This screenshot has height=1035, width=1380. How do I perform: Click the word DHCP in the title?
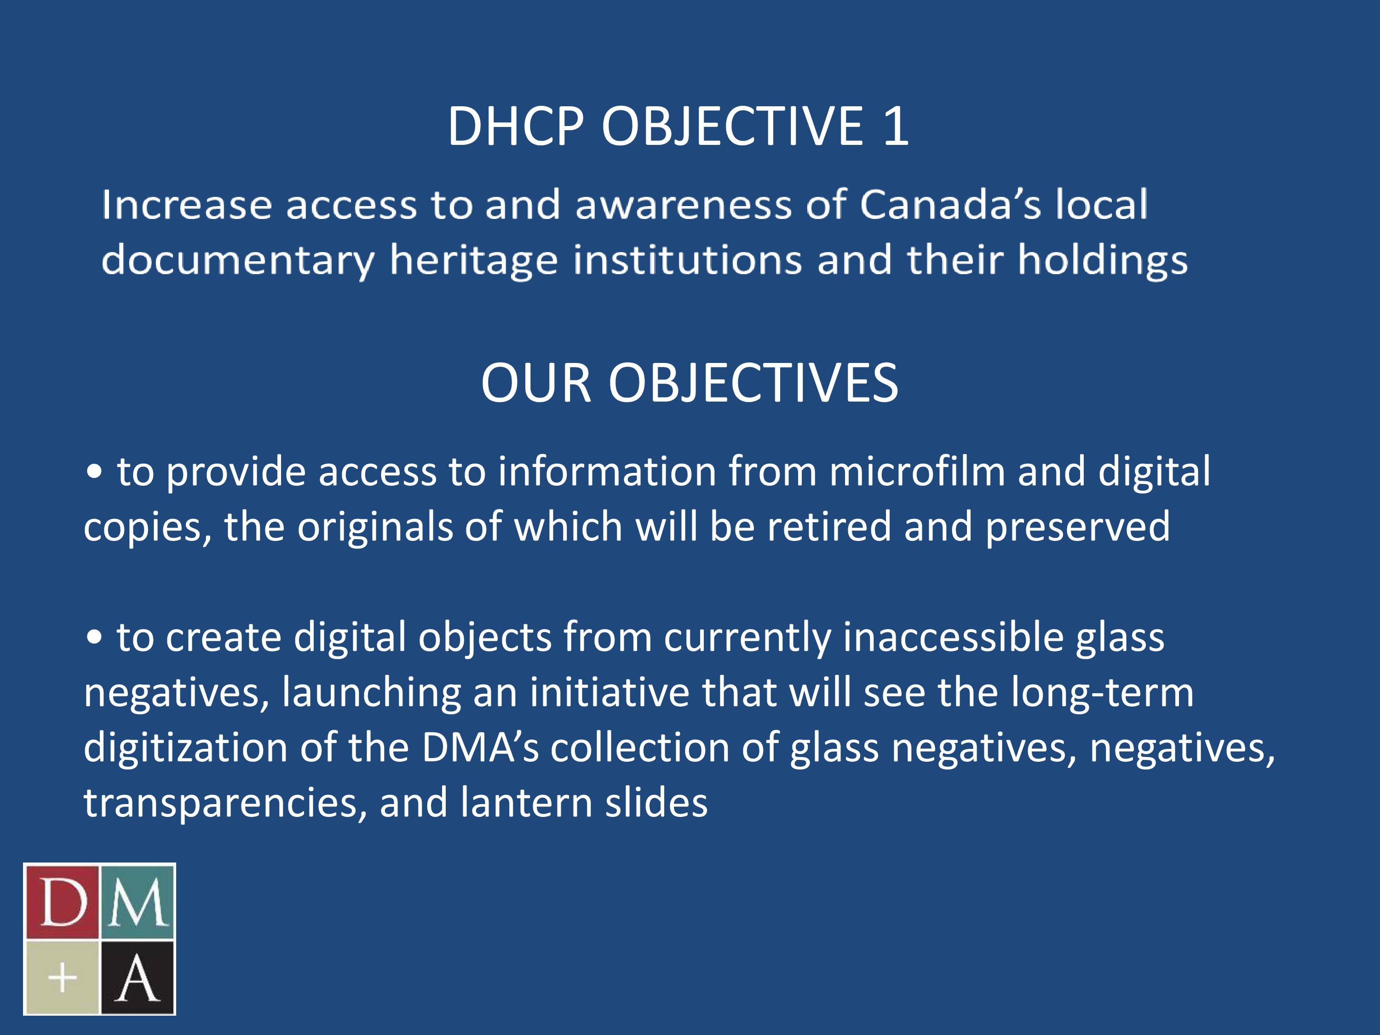pyautogui.click(x=515, y=126)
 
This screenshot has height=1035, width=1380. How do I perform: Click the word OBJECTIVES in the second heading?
pyautogui.click(x=753, y=384)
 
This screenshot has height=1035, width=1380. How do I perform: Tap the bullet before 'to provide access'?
pyautogui.click(x=94, y=473)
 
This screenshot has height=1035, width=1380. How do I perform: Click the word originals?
pyautogui.click(x=374, y=527)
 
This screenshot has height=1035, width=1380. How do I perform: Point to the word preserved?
pyautogui.click(x=1077, y=528)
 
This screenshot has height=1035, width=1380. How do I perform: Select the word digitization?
pyautogui.click(x=185, y=748)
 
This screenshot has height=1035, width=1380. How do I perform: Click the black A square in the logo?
pyautogui.click(x=137, y=977)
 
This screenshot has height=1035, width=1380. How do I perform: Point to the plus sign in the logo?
pyautogui.click(x=63, y=977)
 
